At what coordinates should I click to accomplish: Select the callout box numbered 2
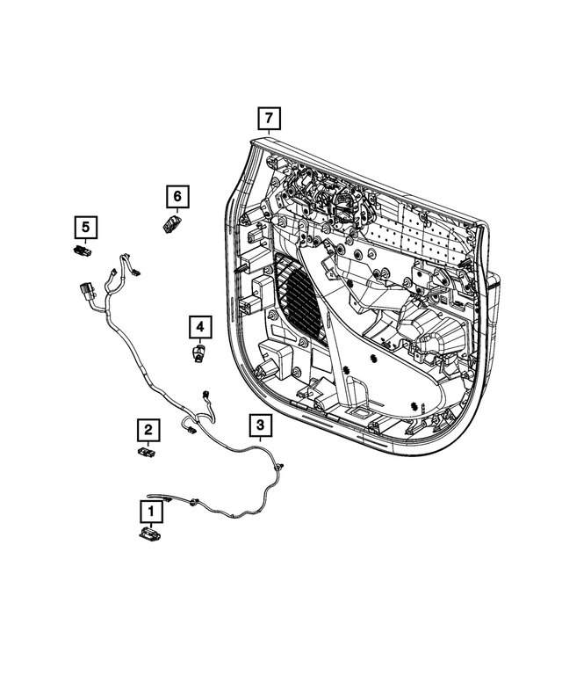(x=149, y=430)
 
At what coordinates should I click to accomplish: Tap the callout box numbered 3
(x=261, y=426)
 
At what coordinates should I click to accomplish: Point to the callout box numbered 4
(x=200, y=329)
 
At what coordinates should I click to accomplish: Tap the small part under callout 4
(x=199, y=352)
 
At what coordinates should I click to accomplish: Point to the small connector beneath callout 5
(x=84, y=251)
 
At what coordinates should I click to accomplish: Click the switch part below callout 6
(x=173, y=223)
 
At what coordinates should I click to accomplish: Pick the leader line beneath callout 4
(x=200, y=343)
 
